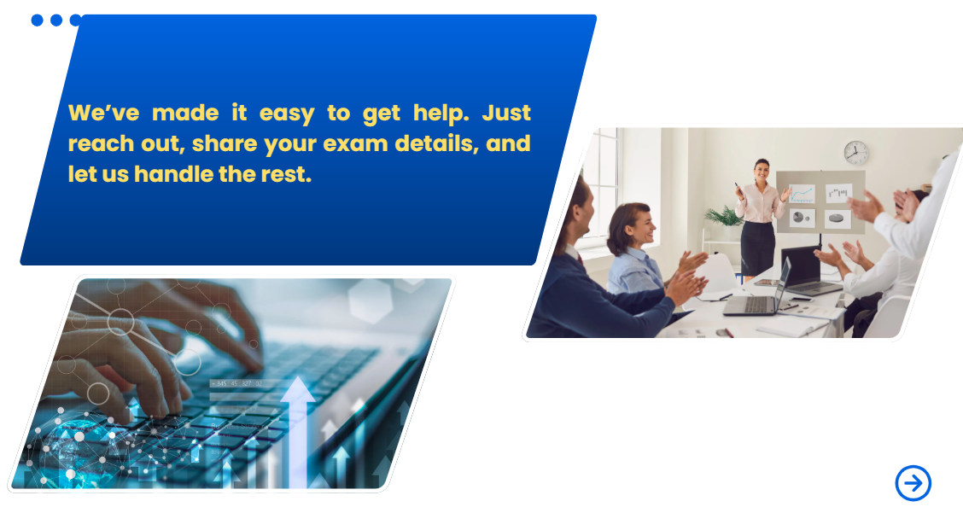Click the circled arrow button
[913, 483]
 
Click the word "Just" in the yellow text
[506, 113]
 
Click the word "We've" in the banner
[104, 113]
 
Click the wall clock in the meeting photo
[855, 153]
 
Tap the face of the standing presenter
[762, 170]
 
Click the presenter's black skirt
[757, 247]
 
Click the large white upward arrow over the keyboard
[298, 431]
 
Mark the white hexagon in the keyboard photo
[371, 300]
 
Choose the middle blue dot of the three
[56, 20]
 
